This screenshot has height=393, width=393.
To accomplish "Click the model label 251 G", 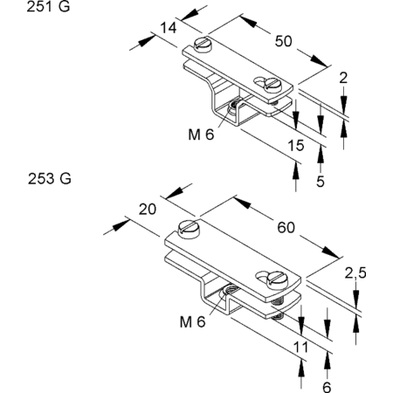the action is click(48, 6).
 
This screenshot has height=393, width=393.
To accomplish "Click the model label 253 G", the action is click(50, 178).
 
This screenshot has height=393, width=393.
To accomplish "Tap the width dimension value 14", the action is click(169, 28).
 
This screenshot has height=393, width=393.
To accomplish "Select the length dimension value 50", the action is click(283, 41).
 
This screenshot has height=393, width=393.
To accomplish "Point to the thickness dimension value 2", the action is click(343, 78).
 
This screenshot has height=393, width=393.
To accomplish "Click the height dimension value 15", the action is click(296, 145).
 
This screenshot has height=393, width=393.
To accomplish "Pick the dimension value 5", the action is click(321, 182).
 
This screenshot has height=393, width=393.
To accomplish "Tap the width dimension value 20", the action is click(148, 210).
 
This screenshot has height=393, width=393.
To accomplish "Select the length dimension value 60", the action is click(286, 227).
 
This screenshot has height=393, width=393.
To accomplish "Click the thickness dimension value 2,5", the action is click(355, 273).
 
